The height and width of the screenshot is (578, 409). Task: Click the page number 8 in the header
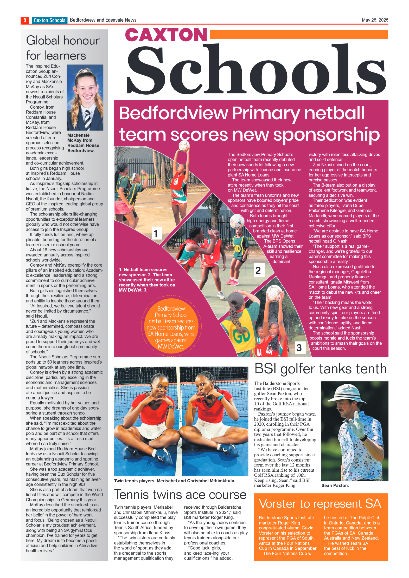[x=25, y=20]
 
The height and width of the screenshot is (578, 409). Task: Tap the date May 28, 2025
[x=375, y=20]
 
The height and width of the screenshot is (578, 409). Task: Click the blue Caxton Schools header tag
[x=49, y=20]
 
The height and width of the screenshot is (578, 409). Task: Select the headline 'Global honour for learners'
[x=62, y=48]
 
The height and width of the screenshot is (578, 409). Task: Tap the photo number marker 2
[x=258, y=270]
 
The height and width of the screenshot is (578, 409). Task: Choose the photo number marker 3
[x=299, y=347]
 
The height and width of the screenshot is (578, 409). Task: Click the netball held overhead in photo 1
[x=184, y=146]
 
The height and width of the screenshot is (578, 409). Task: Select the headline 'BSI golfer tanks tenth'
[x=321, y=369]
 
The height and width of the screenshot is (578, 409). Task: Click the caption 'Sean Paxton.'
[x=335, y=485]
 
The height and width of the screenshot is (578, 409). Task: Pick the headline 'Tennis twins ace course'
[x=180, y=494]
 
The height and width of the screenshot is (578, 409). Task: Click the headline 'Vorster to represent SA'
[x=320, y=504]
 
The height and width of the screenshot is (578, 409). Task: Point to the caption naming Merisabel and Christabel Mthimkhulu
[x=175, y=481]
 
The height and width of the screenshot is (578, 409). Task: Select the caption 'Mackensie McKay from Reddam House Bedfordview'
[x=83, y=143]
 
